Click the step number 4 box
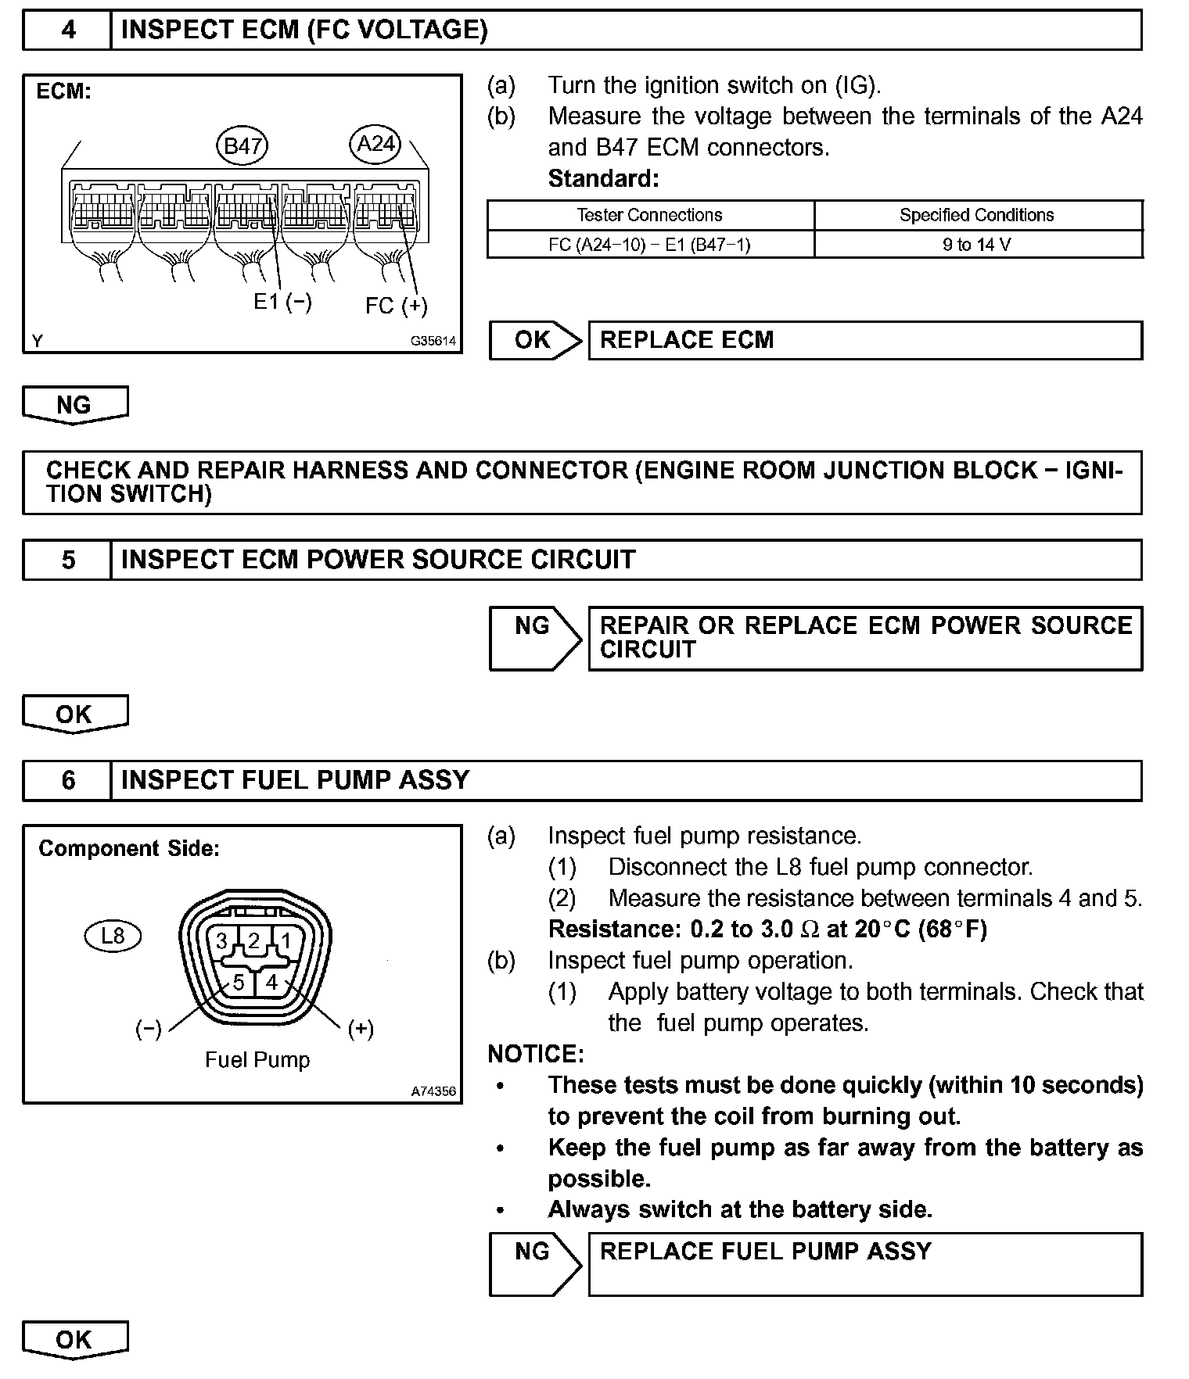(x=68, y=30)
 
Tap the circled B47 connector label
(x=242, y=146)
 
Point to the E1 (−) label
(x=282, y=302)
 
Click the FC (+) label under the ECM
(x=396, y=306)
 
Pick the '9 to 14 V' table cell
(x=976, y=245)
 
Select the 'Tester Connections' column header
(x=649, y=215)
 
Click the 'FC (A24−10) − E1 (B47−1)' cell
(x=649, y=245)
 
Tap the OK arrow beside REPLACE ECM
(x=535, y=340)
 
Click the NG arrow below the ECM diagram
(x=74, y=405)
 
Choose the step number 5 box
(x=68, y=560)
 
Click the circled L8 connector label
(x=113, y=936)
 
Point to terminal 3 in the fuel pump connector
(x=222, y=940)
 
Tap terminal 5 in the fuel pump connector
(x=239, y=982)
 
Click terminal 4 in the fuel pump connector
(x=271, y=982)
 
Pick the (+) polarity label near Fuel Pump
(x=361, y=1029)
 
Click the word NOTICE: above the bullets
(x=536, y=1054)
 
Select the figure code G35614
(x=433, y=342)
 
